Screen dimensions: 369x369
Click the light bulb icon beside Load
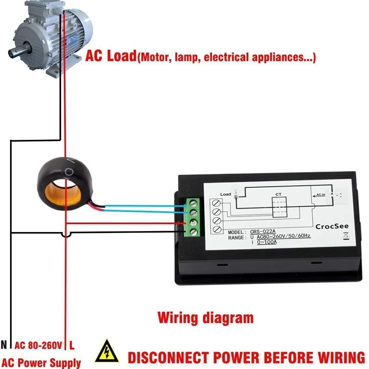(x=236, y=195)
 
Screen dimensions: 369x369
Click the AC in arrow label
(x=320, y=195)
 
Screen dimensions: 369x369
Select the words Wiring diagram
(x=205, y=318)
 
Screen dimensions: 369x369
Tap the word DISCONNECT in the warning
(x=175, y=357)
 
